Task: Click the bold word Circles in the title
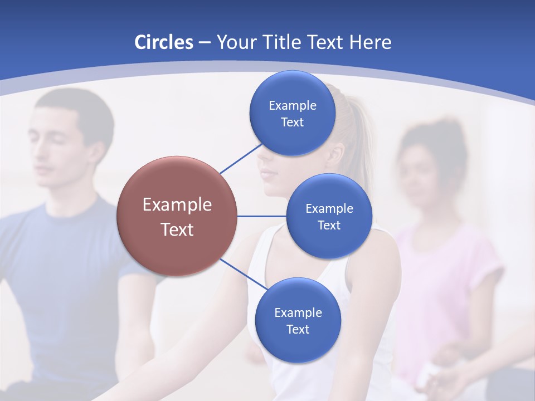164,42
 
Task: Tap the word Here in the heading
370,42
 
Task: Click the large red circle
177,216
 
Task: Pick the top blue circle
292,113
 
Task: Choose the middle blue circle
329,216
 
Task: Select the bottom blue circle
298,320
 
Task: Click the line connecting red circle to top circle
241,158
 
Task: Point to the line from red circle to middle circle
262,216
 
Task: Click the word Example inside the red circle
177,204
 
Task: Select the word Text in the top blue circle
292,122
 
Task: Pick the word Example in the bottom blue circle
298,312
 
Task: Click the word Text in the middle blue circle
329,225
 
